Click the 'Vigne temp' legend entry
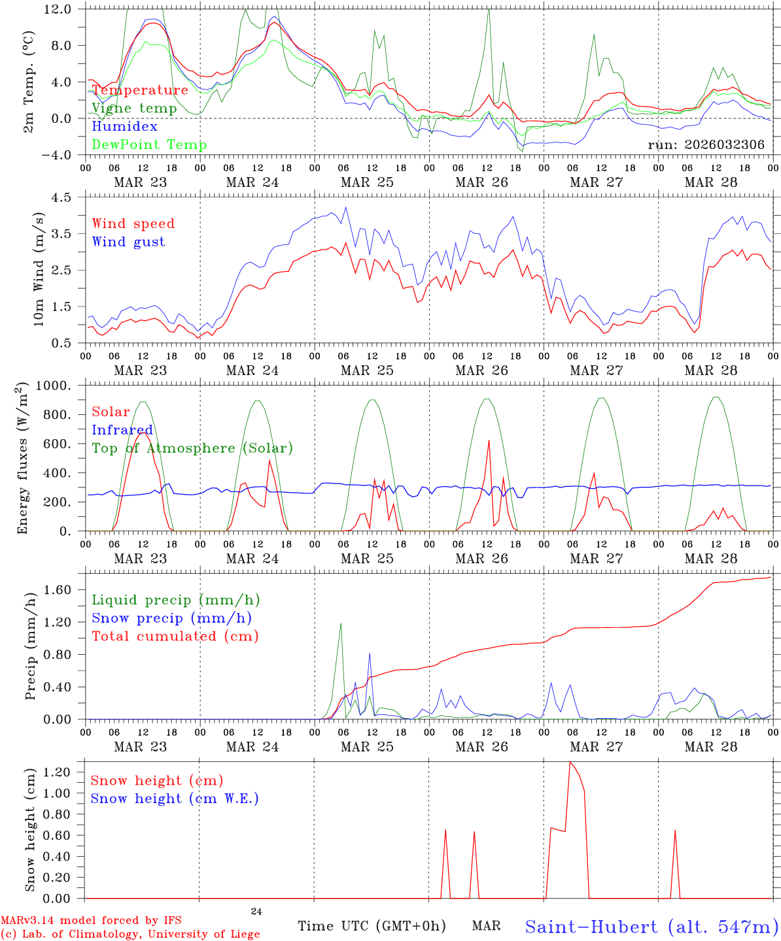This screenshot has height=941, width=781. pos(134,108)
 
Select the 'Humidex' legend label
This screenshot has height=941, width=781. pos(124,126)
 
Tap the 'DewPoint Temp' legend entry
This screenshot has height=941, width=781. pos(149,144)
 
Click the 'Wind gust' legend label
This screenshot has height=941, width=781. pos(128,242)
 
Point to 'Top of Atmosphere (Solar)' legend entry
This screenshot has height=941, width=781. pos(192,448)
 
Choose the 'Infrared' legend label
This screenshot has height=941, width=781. pos(122,430)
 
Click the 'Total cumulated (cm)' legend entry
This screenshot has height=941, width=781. pos(175,636)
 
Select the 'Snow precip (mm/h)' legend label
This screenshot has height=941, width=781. pos(172,618)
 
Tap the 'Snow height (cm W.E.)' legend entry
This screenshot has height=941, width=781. pos(175,799)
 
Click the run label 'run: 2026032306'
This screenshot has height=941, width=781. pos(706,145)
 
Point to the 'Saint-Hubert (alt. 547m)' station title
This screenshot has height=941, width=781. pos(651,927)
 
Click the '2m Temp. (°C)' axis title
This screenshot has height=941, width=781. pos(29,82)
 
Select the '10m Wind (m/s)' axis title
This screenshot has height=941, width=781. pos(39,269)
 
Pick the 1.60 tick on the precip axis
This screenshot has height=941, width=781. pos(65,590)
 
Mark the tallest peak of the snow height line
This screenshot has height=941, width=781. pos(570,762)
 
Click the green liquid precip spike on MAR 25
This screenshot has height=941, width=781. pos(341,623)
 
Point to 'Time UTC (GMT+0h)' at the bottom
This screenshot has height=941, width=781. pos(372,926)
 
